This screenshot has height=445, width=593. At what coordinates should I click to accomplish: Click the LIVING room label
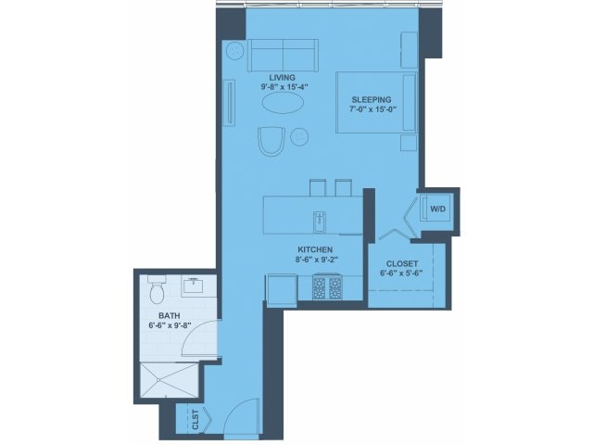pyautogui.click(x=282, y=78)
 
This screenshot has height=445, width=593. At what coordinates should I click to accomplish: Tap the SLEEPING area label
pyautogui.click(x=372, y=100)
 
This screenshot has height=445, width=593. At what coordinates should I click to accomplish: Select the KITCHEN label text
pyautogui.click(x=315, y=249)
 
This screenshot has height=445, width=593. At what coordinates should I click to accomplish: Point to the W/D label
pyautogui.click(x=438, y=209)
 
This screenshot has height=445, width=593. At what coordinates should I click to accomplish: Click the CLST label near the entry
pyautogui.click(x=196, y=420)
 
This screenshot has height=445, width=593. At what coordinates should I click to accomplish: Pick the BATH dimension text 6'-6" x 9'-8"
pyautogui.click(x=170, y=324)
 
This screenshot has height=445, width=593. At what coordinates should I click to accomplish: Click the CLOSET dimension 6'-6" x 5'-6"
pyautogui.click(x=401, y=273)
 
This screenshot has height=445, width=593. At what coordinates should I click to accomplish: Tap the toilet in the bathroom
pyautogui.click(x=157, y=289)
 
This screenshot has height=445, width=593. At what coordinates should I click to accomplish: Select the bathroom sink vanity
pyautogui.click(x=194, y=286)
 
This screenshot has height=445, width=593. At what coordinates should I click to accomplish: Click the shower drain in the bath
pyautogui.click(x=158, y=380)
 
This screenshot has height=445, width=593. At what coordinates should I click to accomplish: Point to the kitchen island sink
pyautogui.click(x=320, y=222)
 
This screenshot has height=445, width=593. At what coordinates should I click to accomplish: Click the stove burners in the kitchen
pyautogui.click(x=326, y=288)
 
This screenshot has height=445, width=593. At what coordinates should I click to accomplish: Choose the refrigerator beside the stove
pyautogui.click(x=282, y=288)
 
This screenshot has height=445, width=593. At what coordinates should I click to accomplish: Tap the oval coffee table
pyautogui.click(x=283, y=102)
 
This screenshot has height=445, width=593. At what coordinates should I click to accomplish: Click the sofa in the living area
pyautogui.click(x=283, y=56)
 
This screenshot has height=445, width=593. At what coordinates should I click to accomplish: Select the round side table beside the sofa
pyautogui.click(x=234, y=51)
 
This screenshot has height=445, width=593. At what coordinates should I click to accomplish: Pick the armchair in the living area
pyautogui.click(x=271, y=141)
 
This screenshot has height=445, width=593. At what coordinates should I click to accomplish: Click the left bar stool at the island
pyautogui.click(x=318, y=187)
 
